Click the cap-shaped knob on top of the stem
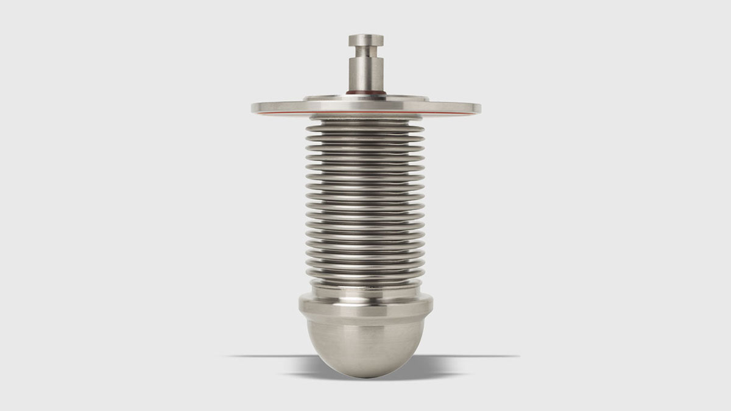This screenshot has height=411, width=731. (365, 41)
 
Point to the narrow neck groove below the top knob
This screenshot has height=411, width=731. (365, 52)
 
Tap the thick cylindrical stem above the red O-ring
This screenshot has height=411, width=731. (365, 73)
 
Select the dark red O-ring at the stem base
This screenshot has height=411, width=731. (365, 93)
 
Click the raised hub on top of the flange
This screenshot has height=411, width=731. (365, 98)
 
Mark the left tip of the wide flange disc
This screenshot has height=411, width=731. (253, 108)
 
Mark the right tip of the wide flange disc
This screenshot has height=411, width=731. (479, 108)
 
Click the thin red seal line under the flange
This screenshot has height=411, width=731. (365, 113)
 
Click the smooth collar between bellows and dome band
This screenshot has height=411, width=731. (365, 289)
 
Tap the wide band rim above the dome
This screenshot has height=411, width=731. (365, 304)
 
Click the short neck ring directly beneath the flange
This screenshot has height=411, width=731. (365, 117)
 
